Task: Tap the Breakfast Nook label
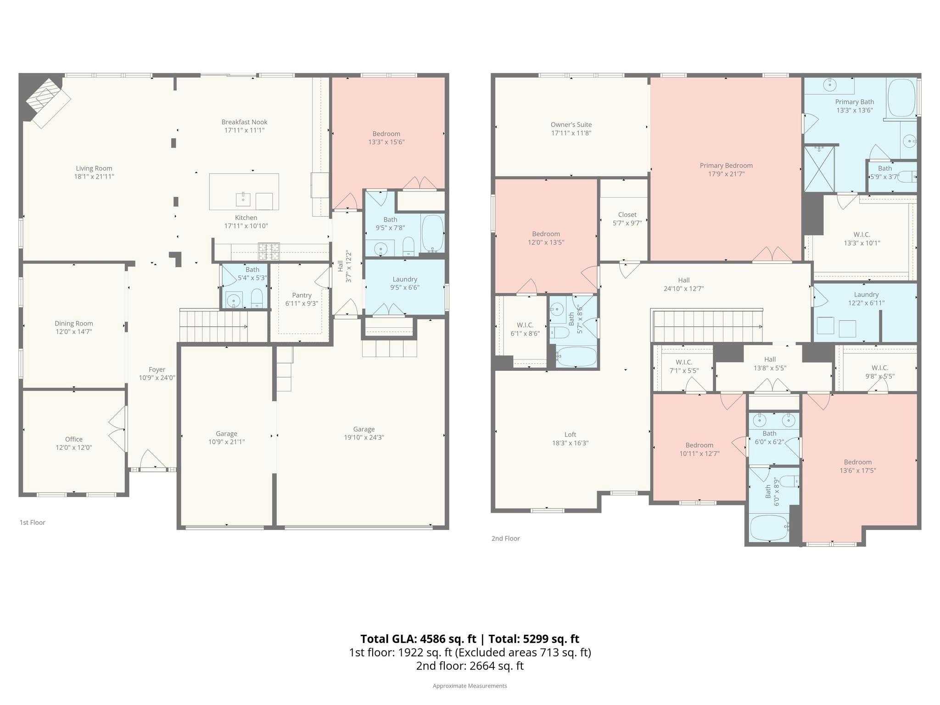[244, 122]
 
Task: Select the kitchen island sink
[243, 200]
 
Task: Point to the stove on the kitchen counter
[269, 251]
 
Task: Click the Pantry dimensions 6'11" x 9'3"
[302, 303]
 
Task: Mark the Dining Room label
[74, 324]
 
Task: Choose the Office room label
[74, 439]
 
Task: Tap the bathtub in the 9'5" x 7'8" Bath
[432, 234]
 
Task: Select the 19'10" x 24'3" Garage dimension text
[364, 437]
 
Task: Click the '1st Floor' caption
[32, 522]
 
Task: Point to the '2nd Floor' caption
[505, 538]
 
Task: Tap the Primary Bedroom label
[726, 166]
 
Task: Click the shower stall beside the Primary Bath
[819, 169]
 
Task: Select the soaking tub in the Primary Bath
[901, 98]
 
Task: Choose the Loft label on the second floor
[571, 435]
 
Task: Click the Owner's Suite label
[571, 125]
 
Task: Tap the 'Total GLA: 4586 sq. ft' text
[418, 639]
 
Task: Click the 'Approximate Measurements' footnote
[470, 686]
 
